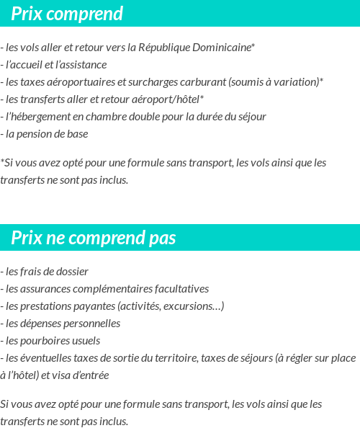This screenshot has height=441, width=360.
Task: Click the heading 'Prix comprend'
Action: (x=67, y=14)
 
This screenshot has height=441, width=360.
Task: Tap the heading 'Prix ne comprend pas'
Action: (x=94, y=238)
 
